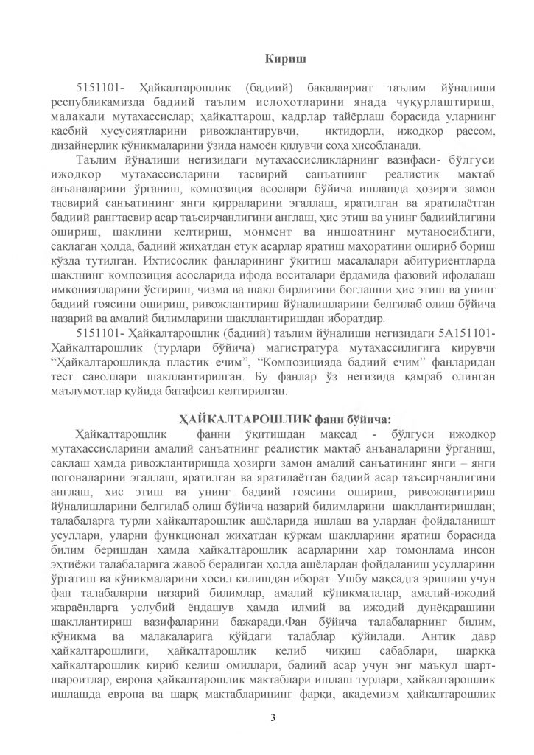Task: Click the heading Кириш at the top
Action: point(282,58)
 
